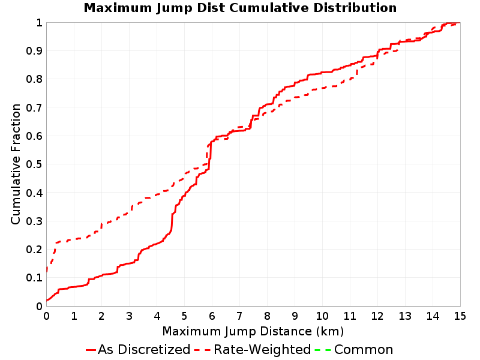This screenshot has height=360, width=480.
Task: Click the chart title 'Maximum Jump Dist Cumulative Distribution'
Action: click(x=240, y=8)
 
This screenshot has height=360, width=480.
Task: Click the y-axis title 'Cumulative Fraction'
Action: click(x=16, y=164)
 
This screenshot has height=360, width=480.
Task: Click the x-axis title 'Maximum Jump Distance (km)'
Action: click(x=253, y=331)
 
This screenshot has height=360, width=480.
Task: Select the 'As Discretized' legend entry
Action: click(x=138, y=349)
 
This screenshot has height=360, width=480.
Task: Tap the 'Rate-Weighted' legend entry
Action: click(x=253, y=349)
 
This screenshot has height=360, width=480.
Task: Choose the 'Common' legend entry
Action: click(x=354, y=349)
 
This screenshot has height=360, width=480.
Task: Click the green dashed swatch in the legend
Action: click(x=323, y=350)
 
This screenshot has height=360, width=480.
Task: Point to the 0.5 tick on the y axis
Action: click(x=34, y=164)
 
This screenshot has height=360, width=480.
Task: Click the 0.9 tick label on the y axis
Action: click(x=34, y=51)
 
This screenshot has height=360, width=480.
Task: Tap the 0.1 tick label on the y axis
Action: click(x=34, y=278)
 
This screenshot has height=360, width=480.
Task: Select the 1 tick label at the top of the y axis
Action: click(x=39, y=23)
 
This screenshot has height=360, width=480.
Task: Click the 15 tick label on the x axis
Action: click(x=460, y=316)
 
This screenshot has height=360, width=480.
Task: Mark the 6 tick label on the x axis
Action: click(x=212, y=316)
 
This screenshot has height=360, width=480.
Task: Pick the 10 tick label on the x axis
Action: click(x=322, y=316)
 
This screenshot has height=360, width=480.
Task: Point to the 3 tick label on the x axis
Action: click(x=129, y=316)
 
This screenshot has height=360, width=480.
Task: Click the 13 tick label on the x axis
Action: click(x=404, y=316)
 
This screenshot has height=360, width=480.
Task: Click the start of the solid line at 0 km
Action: click(x=47, y=301)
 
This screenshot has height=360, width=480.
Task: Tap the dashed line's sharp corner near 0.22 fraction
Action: click(x=56, y=243)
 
